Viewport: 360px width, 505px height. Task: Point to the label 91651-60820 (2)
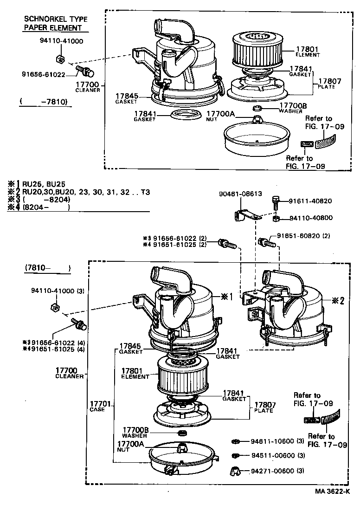coord(303,236)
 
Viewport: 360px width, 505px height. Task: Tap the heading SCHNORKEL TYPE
coord(56,19)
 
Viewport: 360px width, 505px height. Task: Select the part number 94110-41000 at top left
coord(61,41)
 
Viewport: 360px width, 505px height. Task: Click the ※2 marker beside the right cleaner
coord(338,300)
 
